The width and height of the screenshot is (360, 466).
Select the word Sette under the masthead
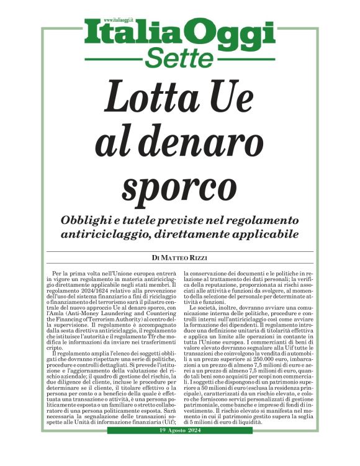[x=179, y=59]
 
